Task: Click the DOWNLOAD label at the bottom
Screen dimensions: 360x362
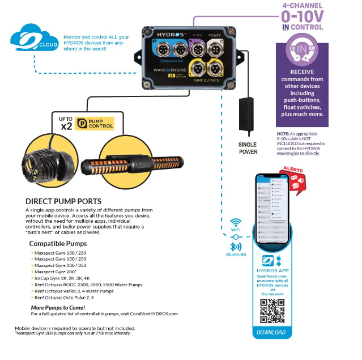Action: click(271, 332)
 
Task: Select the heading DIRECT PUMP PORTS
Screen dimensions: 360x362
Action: click(63, 201)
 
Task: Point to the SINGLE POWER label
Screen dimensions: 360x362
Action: click(248, 148)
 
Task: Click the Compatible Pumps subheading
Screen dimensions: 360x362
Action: click(57, 244)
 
